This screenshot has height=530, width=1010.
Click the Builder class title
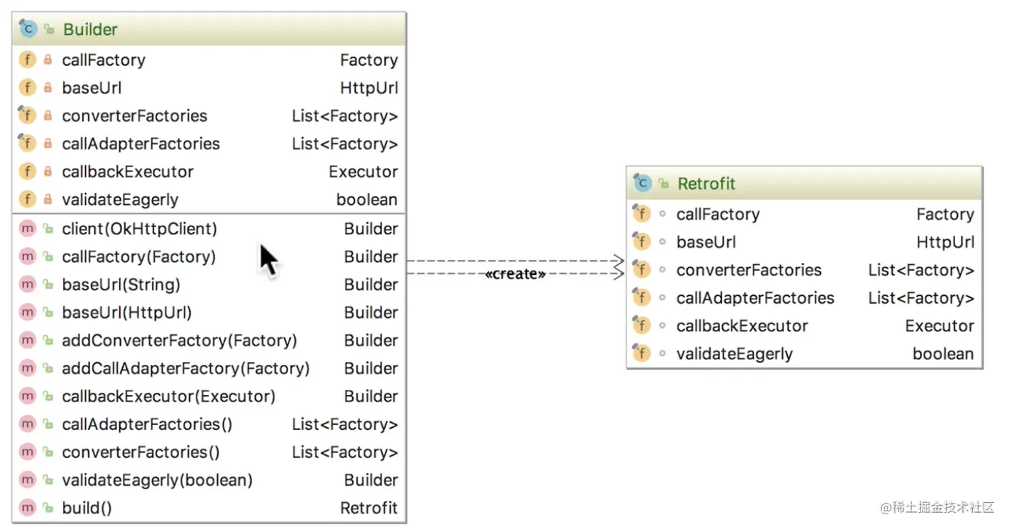(x=90, y=29)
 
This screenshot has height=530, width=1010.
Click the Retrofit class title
(x=706, y=184)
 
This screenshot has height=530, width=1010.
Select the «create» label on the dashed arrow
(x=516, y=274)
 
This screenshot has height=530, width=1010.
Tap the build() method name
(x=87, y=508)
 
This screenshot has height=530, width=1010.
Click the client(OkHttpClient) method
(x=139, y=229)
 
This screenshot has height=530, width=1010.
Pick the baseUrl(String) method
(x=121, y=285)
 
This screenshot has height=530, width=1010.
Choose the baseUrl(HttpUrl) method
(x=126, y=313)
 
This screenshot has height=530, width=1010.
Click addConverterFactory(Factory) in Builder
(x=179, y=341)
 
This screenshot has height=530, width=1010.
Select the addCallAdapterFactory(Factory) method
(x=186, y=369)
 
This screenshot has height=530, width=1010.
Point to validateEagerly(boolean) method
(x=157, y=481)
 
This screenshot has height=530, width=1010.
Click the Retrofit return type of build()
(x=369, y=508)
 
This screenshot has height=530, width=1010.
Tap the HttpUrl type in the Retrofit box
(x=945, y=242)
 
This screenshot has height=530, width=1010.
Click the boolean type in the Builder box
(x=367, y=199)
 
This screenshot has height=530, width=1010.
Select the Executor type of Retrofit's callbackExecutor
(x=939, y=326)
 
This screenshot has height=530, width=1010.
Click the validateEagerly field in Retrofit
(x=734, y=354)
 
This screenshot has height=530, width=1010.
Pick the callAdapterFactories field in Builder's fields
(x=141, y=144)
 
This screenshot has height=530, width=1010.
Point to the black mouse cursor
(x=269, y=261)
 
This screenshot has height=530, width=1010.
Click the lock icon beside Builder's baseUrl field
(x=48, y=88)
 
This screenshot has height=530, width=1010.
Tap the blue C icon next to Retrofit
(x=643, y=183)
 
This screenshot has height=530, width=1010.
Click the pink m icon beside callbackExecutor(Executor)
(x=28, y=396)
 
